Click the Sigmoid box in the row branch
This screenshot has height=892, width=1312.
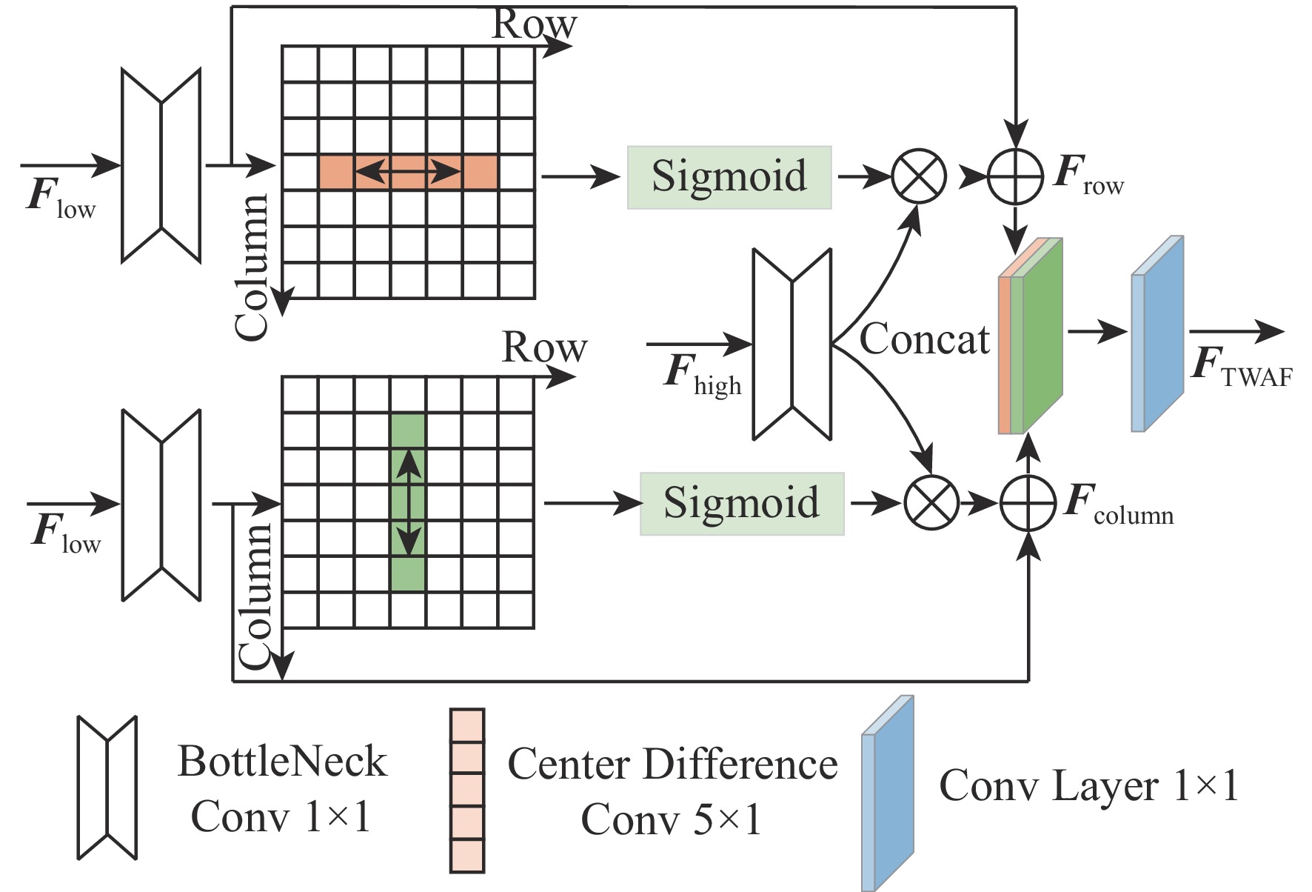[729, 177]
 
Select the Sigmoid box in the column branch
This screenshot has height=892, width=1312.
[742, 504]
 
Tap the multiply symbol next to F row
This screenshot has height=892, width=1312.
[919, 177]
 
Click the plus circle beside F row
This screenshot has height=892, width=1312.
[1016, 177]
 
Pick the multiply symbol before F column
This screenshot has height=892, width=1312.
[931, 504]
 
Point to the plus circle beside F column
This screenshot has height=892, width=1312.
[1028, 504]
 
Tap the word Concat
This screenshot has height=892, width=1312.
[924, 339]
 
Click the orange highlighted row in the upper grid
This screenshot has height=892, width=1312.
[408, 172]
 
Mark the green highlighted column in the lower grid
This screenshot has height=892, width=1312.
[408, 503]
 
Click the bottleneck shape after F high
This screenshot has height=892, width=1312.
[792, 345]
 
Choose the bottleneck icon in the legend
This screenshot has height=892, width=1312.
[107, 788]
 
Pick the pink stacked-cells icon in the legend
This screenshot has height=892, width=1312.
[467, 791]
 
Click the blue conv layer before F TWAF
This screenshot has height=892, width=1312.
[1157, 333]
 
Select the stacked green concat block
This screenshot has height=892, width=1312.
[1031, 337]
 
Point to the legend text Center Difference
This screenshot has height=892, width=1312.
[672, 765]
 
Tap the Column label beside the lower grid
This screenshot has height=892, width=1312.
[255, 596]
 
